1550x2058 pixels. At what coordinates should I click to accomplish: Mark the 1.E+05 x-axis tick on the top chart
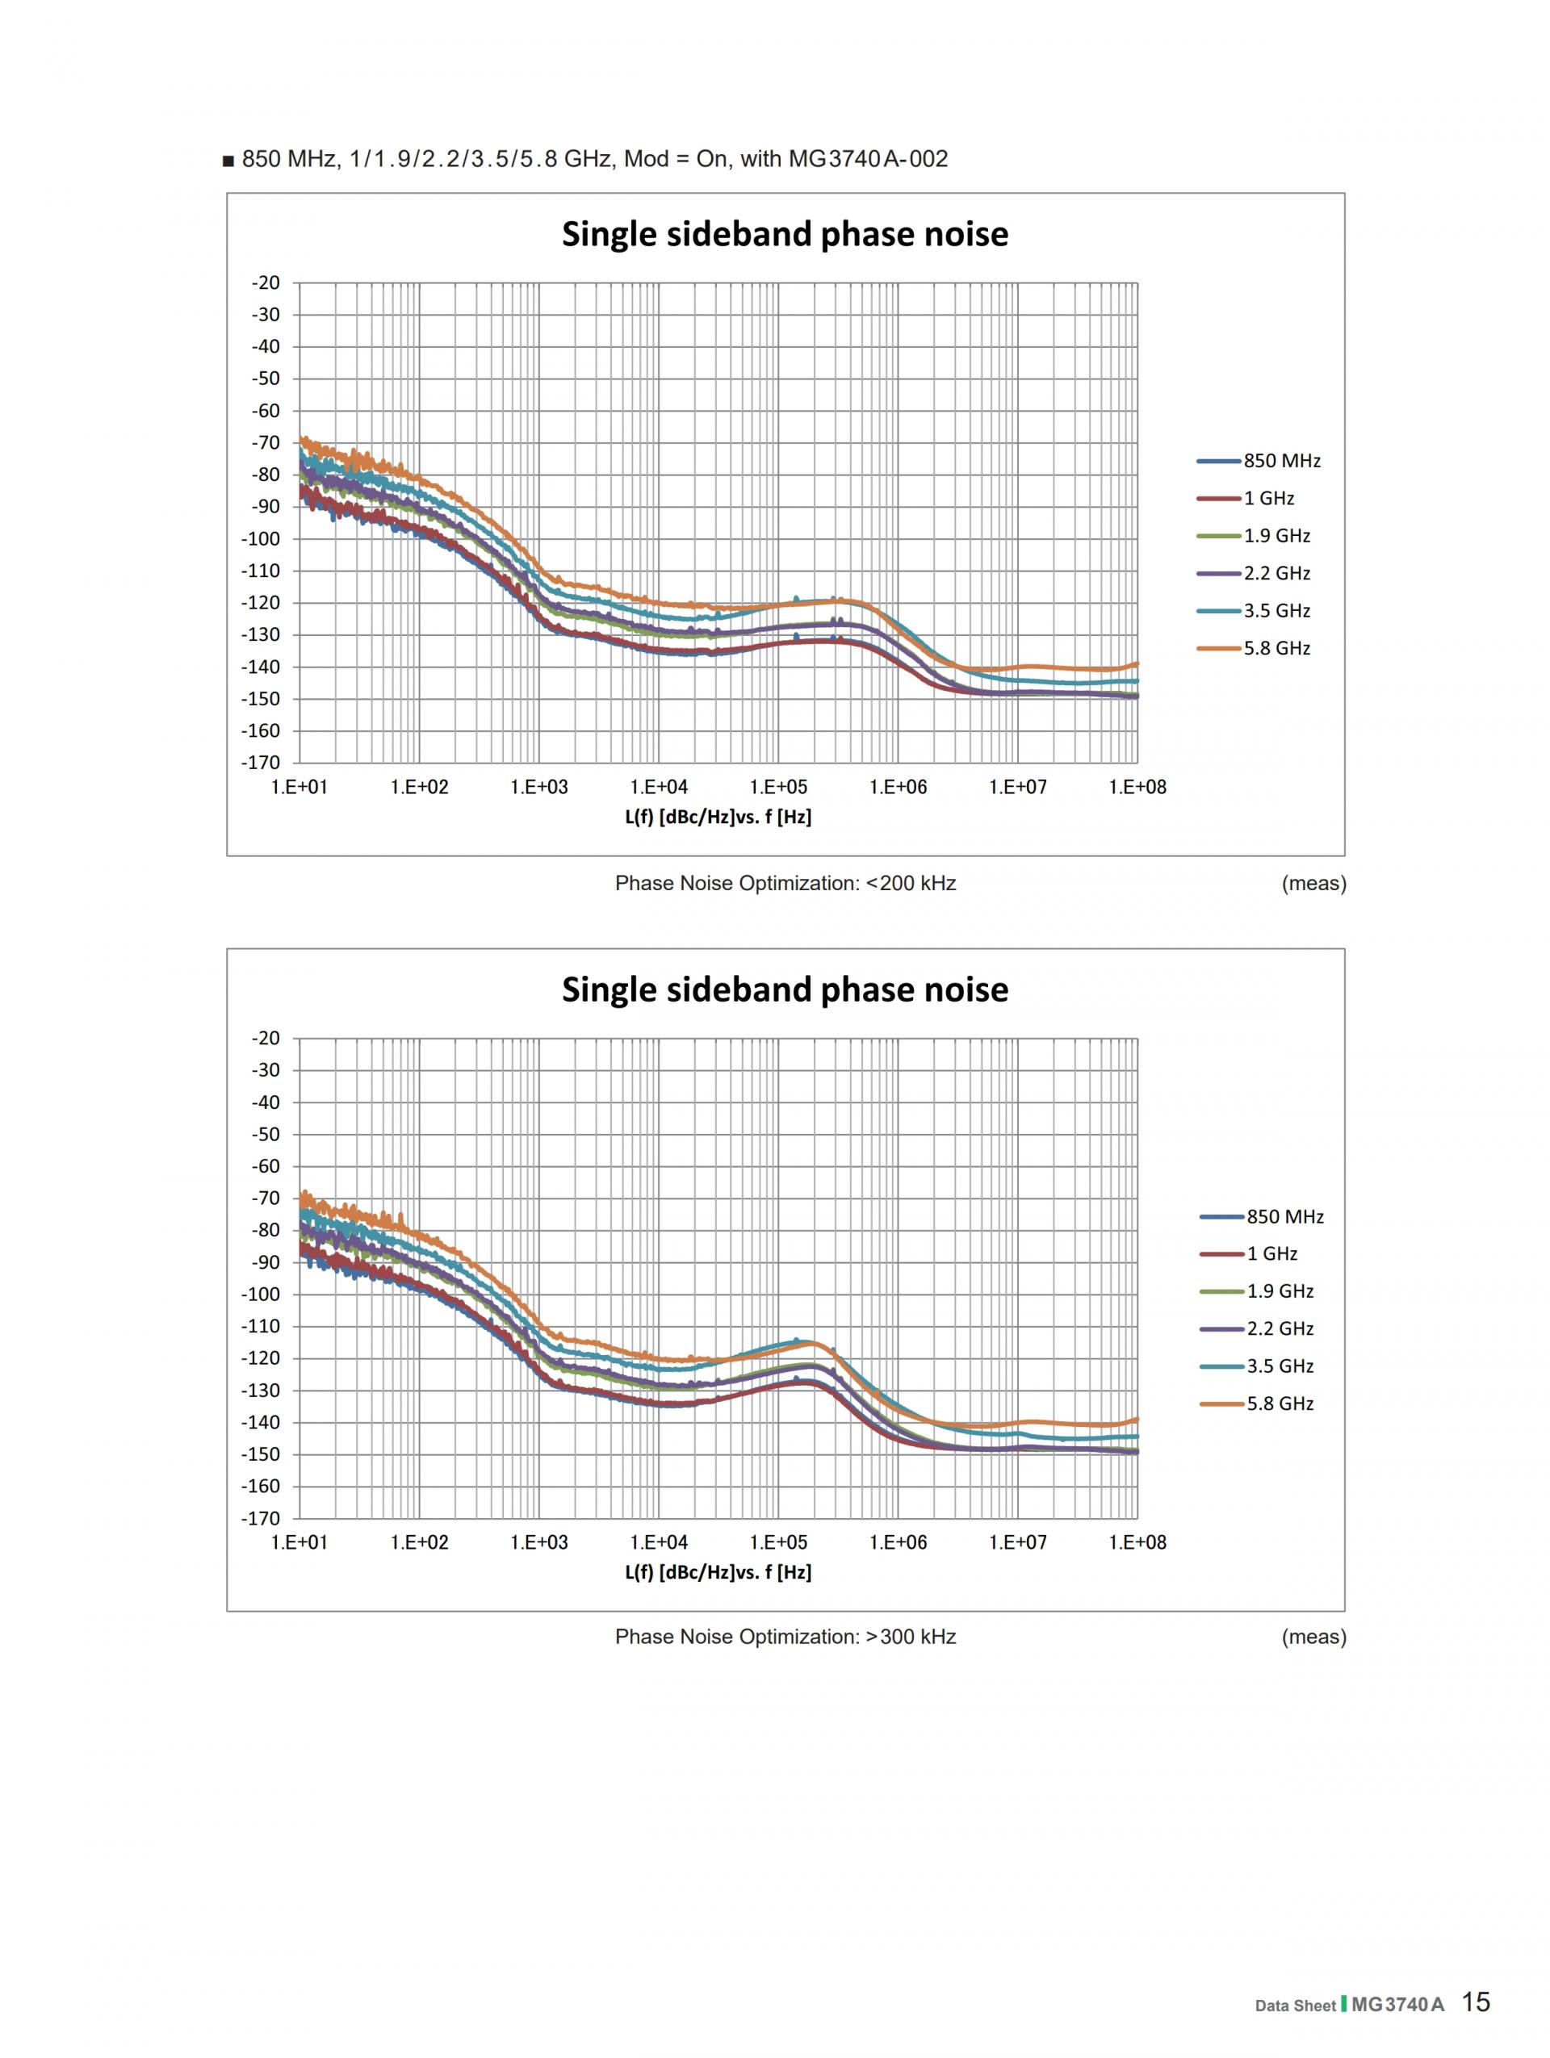779,787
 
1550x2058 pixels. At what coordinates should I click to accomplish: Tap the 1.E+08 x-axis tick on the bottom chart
1137,1542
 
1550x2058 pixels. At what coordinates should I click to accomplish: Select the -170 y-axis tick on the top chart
261,763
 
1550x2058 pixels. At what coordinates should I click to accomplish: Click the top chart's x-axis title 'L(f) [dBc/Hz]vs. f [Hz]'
718,818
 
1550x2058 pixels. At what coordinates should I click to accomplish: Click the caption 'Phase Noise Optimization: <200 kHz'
785,883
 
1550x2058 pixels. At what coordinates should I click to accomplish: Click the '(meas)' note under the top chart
1313,883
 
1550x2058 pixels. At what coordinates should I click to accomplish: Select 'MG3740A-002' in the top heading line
868,159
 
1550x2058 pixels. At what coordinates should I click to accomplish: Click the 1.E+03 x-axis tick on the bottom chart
538,1542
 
